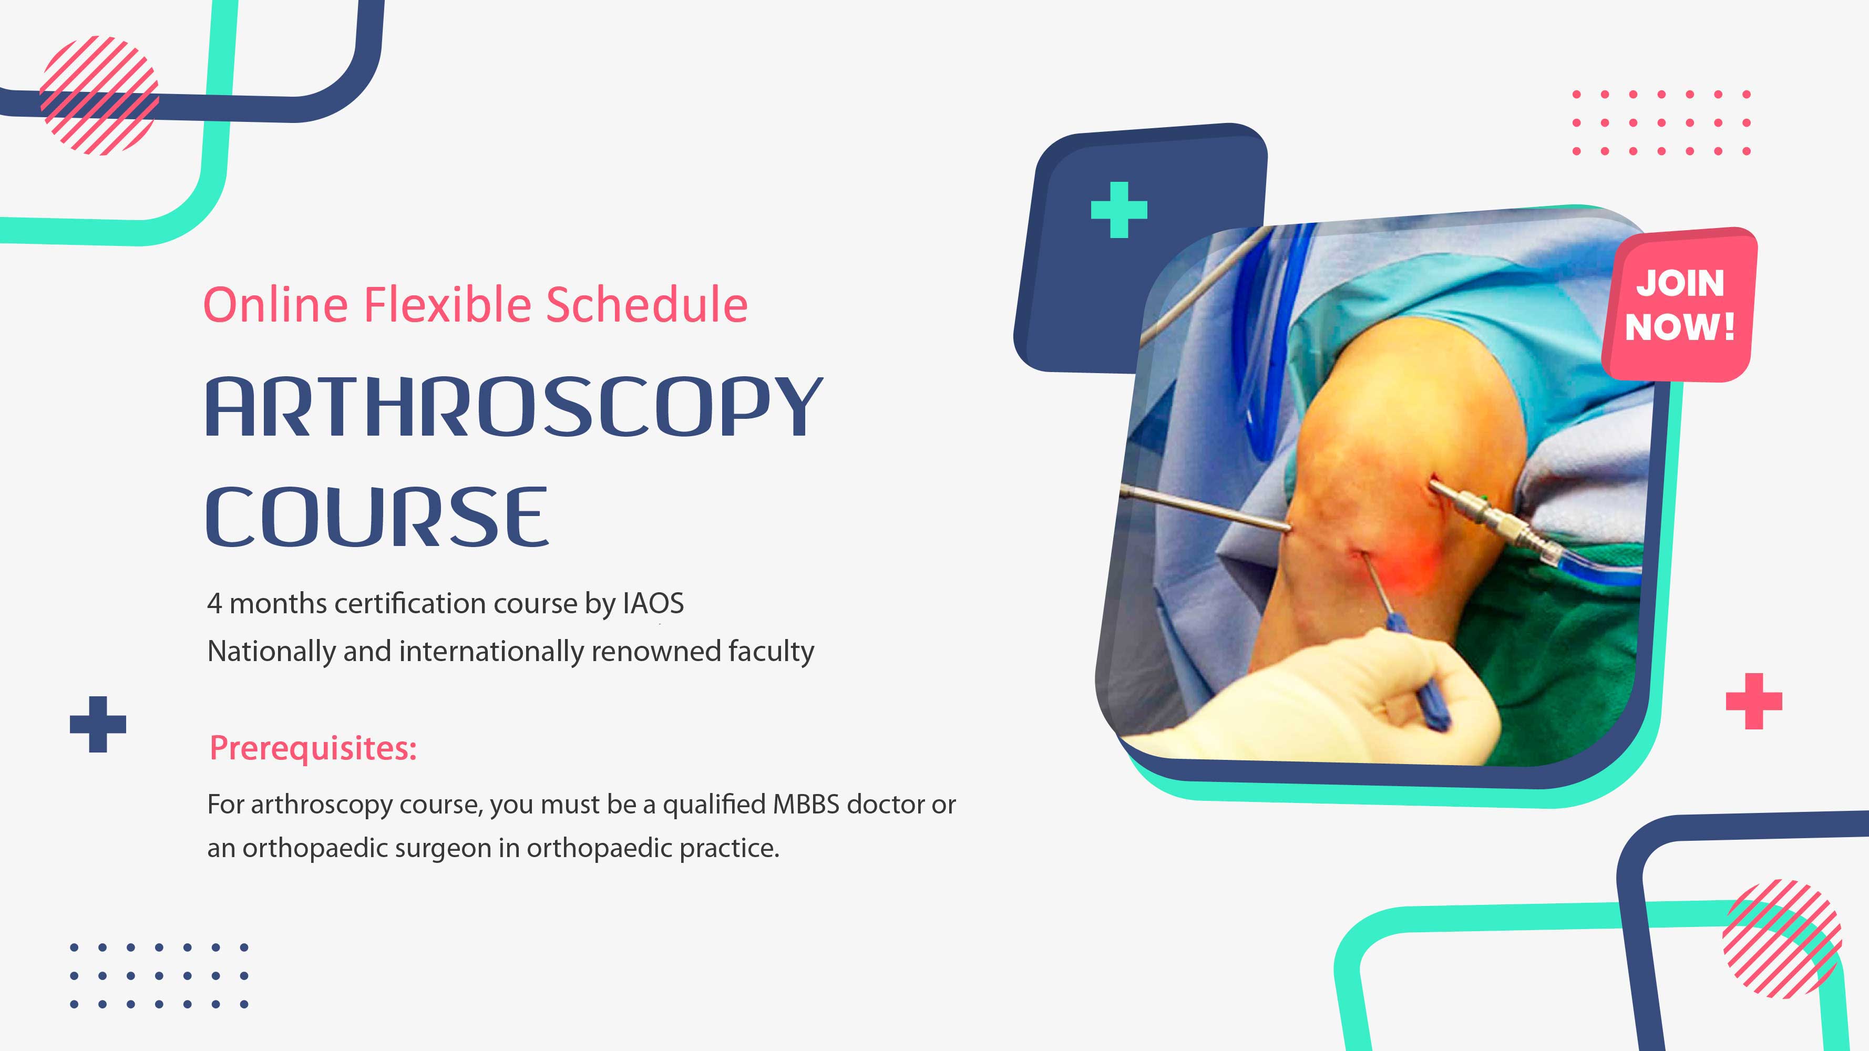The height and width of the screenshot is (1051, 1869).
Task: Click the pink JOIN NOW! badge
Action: (x=1680, y=305)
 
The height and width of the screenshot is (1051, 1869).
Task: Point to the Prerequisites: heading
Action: (x=313, y=748)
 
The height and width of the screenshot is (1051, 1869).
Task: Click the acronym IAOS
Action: (x=653, y=603)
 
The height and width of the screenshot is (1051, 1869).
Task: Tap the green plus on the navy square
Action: (x=1119, y=210)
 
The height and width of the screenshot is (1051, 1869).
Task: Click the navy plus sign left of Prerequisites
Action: (x=98, y=724)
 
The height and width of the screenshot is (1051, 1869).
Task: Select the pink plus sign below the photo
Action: (x=1754, y=700)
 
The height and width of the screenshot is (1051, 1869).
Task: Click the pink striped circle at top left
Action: (x=99, y=95)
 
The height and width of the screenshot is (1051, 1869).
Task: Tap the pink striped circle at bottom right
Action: (x=1782, y=939)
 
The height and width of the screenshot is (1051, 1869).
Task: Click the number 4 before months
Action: (x=214, y=603)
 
